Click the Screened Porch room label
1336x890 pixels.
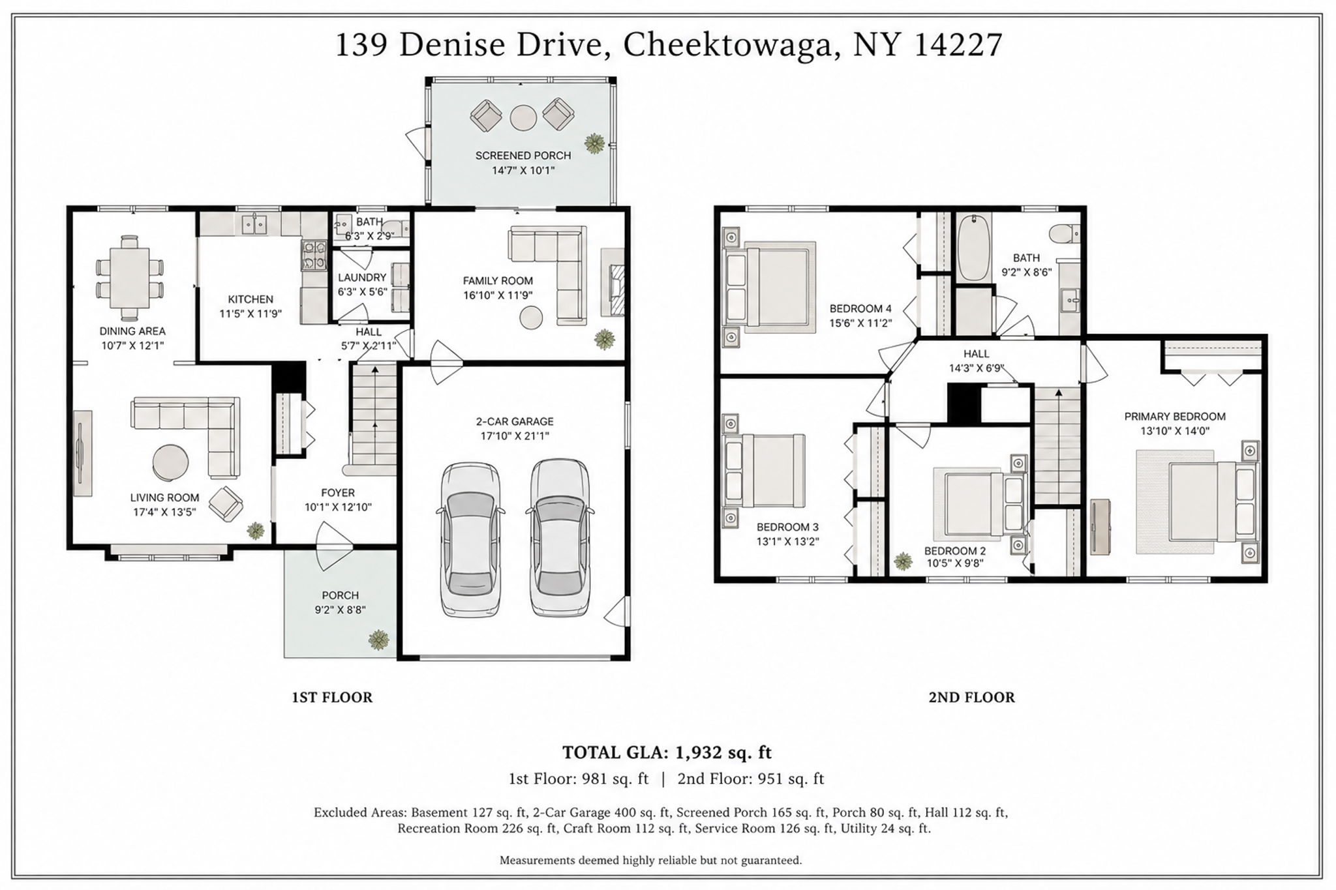click(523, 155)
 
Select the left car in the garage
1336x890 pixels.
click(472, 539)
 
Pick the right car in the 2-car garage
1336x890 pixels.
click(560, 537)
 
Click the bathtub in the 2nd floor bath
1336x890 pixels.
click(974, 248)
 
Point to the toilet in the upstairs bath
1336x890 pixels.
click(1065, 233)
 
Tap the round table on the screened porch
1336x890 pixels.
click(523, 118)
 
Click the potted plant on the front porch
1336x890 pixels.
click(378, 640)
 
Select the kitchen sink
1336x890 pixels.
click(254, 225)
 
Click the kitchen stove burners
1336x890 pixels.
click(314, 255)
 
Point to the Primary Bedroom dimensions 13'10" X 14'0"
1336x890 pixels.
click(1175, 431)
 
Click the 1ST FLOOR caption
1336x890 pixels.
click(332, 697)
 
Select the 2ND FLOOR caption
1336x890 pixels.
click(971, 697)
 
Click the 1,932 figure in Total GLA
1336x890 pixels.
click(698, 752)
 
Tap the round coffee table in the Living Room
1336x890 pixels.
click(170, 462)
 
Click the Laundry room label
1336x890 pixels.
click(362, 277)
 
